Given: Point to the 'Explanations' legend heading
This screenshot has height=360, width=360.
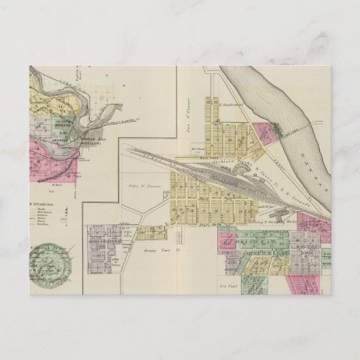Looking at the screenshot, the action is (41, 203).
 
